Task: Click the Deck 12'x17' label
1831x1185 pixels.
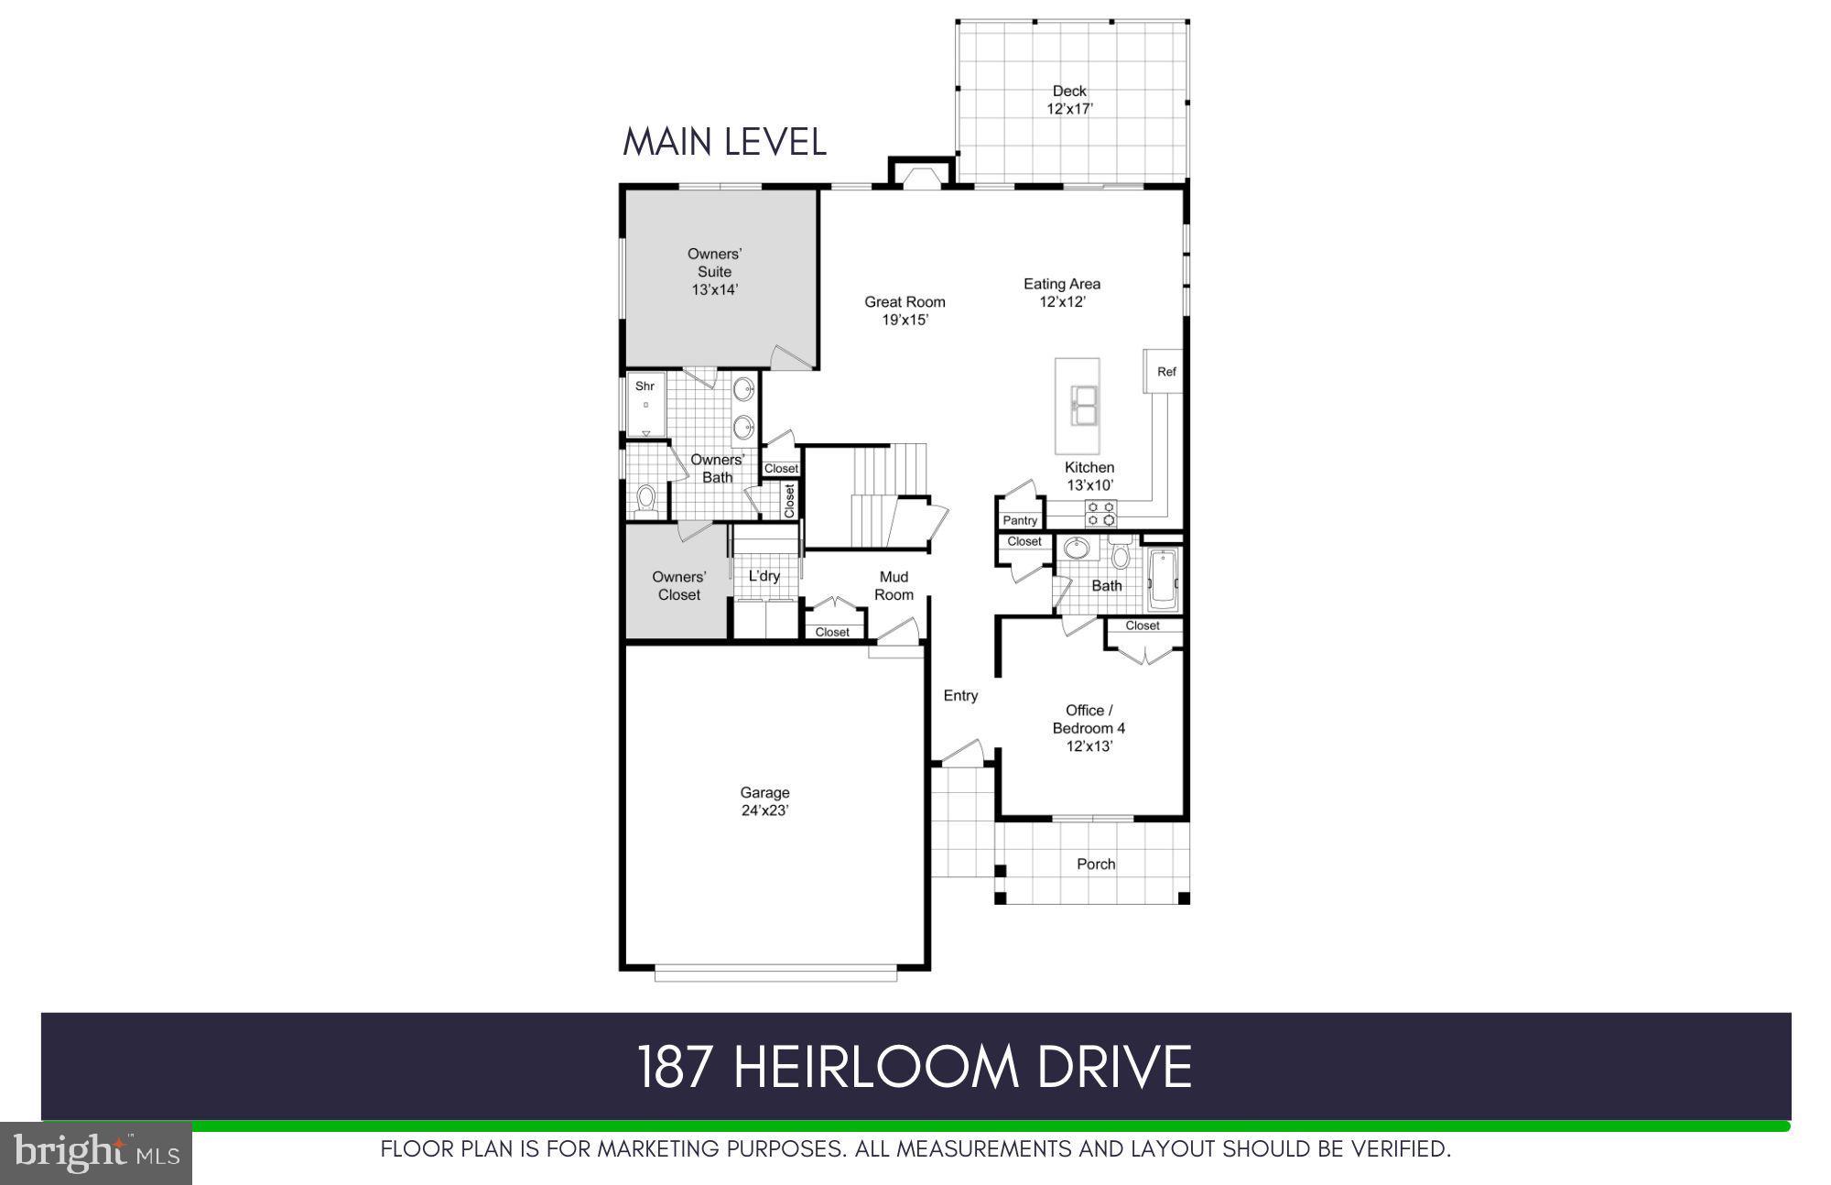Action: (1069, 100)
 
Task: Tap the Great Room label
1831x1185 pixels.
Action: (905, 310)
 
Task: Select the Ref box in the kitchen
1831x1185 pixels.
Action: (1165, 372)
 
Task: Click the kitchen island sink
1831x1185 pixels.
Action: (1084, 407)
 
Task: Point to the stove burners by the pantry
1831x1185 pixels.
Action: (1100, 514)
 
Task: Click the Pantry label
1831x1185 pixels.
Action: (1020, 520)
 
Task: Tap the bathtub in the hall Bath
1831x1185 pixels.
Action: (1163, 579)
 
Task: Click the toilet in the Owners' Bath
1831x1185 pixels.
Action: (646, 500)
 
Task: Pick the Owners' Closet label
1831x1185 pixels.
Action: (678, 586)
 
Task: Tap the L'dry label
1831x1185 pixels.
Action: (764, 576)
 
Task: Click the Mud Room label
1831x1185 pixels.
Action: (894, 585)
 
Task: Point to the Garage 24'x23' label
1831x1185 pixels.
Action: (764, 801)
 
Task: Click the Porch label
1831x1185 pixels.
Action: (1096, 864)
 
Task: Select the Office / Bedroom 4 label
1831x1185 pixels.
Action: (1089, 728)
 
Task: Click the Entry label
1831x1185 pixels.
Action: (960, 696)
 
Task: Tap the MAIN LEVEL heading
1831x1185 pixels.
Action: (724, 143)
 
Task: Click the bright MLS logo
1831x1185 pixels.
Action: (96, 1153)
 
